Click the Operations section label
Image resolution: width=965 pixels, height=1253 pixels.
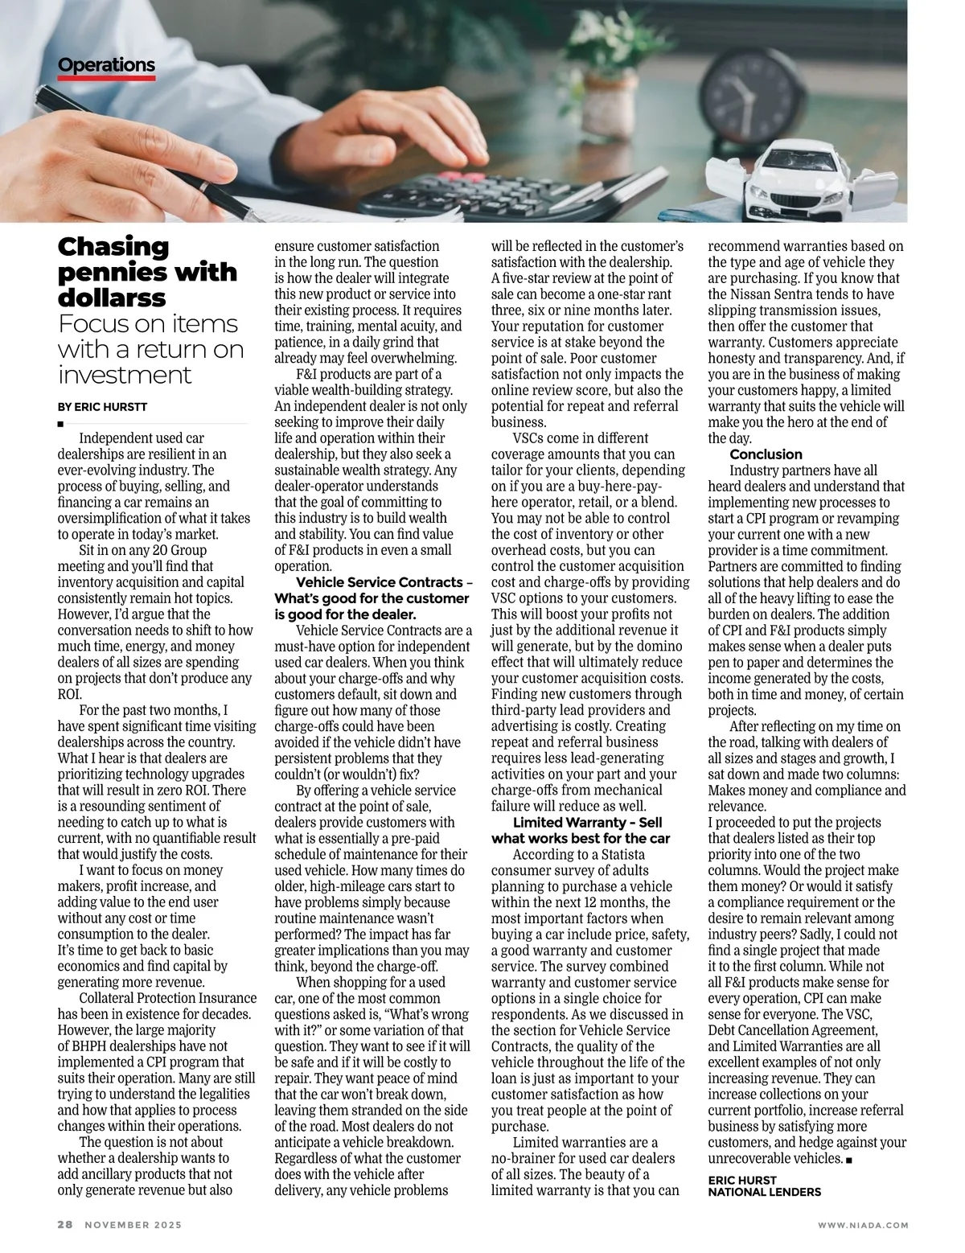pos(106,65)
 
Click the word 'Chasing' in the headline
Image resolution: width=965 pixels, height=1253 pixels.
pos(113,246)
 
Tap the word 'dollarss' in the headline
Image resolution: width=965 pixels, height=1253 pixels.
pos(112,298)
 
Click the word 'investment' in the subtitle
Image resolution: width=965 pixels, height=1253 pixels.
pos(125,375)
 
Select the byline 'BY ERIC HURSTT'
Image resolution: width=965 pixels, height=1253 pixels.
pos(101,407)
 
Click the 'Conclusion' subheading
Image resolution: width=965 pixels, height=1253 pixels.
pos(766,454)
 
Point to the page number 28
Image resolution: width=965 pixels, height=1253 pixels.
pos(65,1225)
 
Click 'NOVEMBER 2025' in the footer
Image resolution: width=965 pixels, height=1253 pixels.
pos(133,1225)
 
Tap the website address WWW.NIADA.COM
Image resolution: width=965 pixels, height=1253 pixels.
pos(863,1225)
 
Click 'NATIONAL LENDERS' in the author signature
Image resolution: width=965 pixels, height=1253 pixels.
pos(764,1192)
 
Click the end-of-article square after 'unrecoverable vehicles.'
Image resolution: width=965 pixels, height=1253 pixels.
pos(849,1159)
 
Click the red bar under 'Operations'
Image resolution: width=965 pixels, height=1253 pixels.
pos(106,79)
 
